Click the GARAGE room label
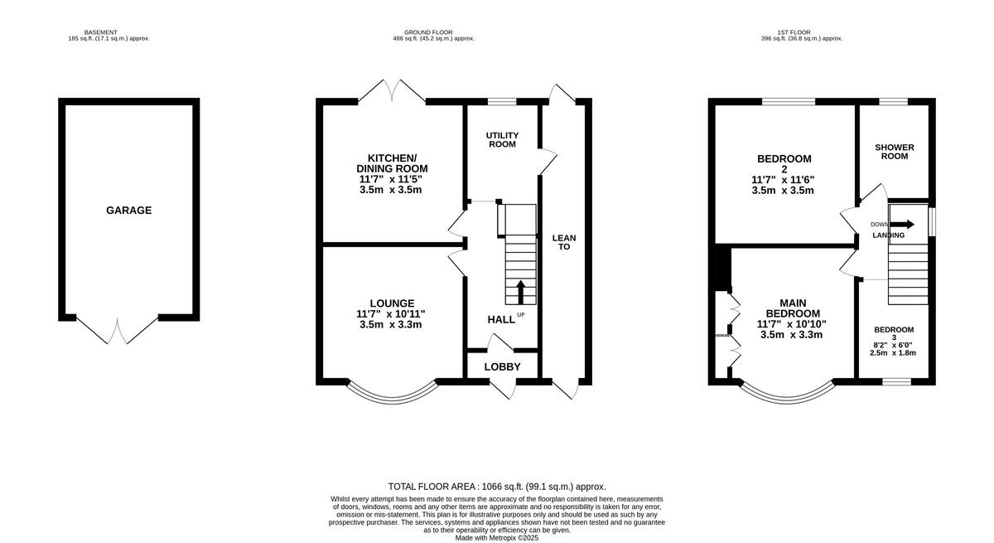pyautogui.click(x=128, y=211)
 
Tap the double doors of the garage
pyautogui.click(x=117, y=329)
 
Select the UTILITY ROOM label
pyautogui.click(x=501, y=139)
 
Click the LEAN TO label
pyautogui.click(x=564, y=242)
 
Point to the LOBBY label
pyautogui.click(x=502, y=366)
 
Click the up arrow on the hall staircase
pyautogui.click(x=521, y=293)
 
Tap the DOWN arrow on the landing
pyautogui.click(x=903, y=224)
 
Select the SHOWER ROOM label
pyautogui.click(x=895, y=152)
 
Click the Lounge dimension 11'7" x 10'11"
pyautogui.click(x=391, y=314)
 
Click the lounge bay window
pyautogui.click(x=391, y=391)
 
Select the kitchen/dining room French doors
pyautogui.click(x=391, y=91)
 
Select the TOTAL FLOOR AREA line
pyautogui.click(x=497, y=487)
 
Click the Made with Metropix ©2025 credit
pyautogui.click(x=497, y=537)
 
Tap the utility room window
pyautogui.click(x=501, y=102)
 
